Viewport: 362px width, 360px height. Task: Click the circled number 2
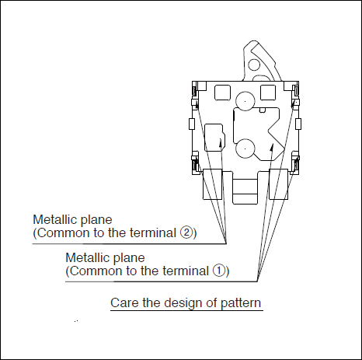186,232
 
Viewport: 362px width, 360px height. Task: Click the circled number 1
219,271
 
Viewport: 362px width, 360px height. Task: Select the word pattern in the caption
241,303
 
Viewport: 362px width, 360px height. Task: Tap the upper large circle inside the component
245,101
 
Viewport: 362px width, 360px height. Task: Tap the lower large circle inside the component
245,149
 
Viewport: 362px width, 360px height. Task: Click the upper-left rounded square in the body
223,93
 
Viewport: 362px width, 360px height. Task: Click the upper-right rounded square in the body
268,93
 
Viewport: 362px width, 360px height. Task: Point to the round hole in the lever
254,65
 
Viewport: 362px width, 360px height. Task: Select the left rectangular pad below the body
212,184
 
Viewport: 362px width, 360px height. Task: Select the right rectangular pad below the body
279,184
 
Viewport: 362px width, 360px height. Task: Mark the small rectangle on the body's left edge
192,124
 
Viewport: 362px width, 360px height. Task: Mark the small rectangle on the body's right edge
298,124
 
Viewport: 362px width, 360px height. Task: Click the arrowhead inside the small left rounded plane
221,142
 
